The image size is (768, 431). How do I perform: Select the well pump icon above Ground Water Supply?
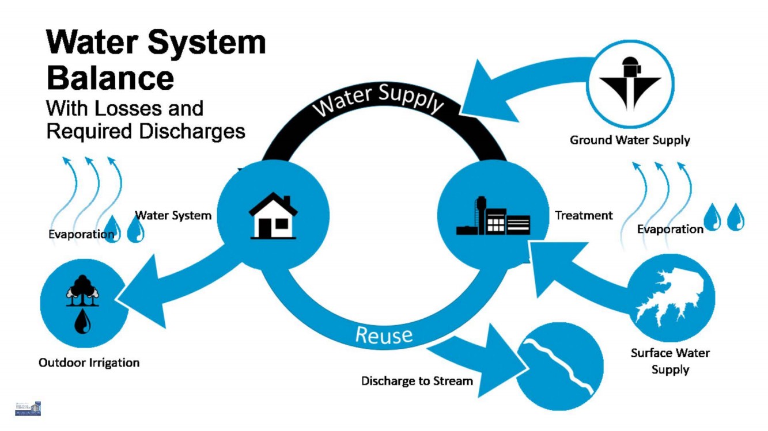[630, 84]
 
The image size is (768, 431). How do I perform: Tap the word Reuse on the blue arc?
[384, 334]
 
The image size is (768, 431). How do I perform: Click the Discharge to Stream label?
[417, 381]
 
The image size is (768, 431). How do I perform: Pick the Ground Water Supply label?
[630, 140]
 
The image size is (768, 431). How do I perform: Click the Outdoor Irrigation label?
[89, 363]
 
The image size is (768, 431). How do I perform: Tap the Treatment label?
[584, 216]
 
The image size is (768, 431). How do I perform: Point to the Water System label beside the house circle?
[173, 216]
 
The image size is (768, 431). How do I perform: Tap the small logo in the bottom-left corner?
[28, 409]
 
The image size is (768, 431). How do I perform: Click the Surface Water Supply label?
[670, 361]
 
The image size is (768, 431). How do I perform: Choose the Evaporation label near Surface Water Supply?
[670, 229]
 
